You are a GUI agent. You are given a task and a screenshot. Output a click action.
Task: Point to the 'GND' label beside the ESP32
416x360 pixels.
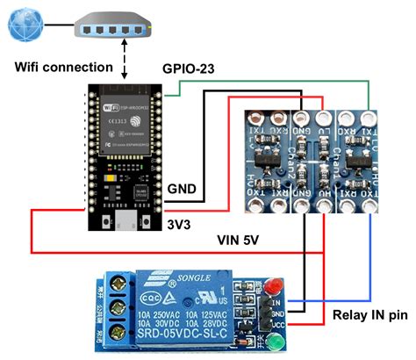click(182, 189)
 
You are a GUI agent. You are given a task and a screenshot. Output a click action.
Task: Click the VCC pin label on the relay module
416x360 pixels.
click(279, 325)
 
